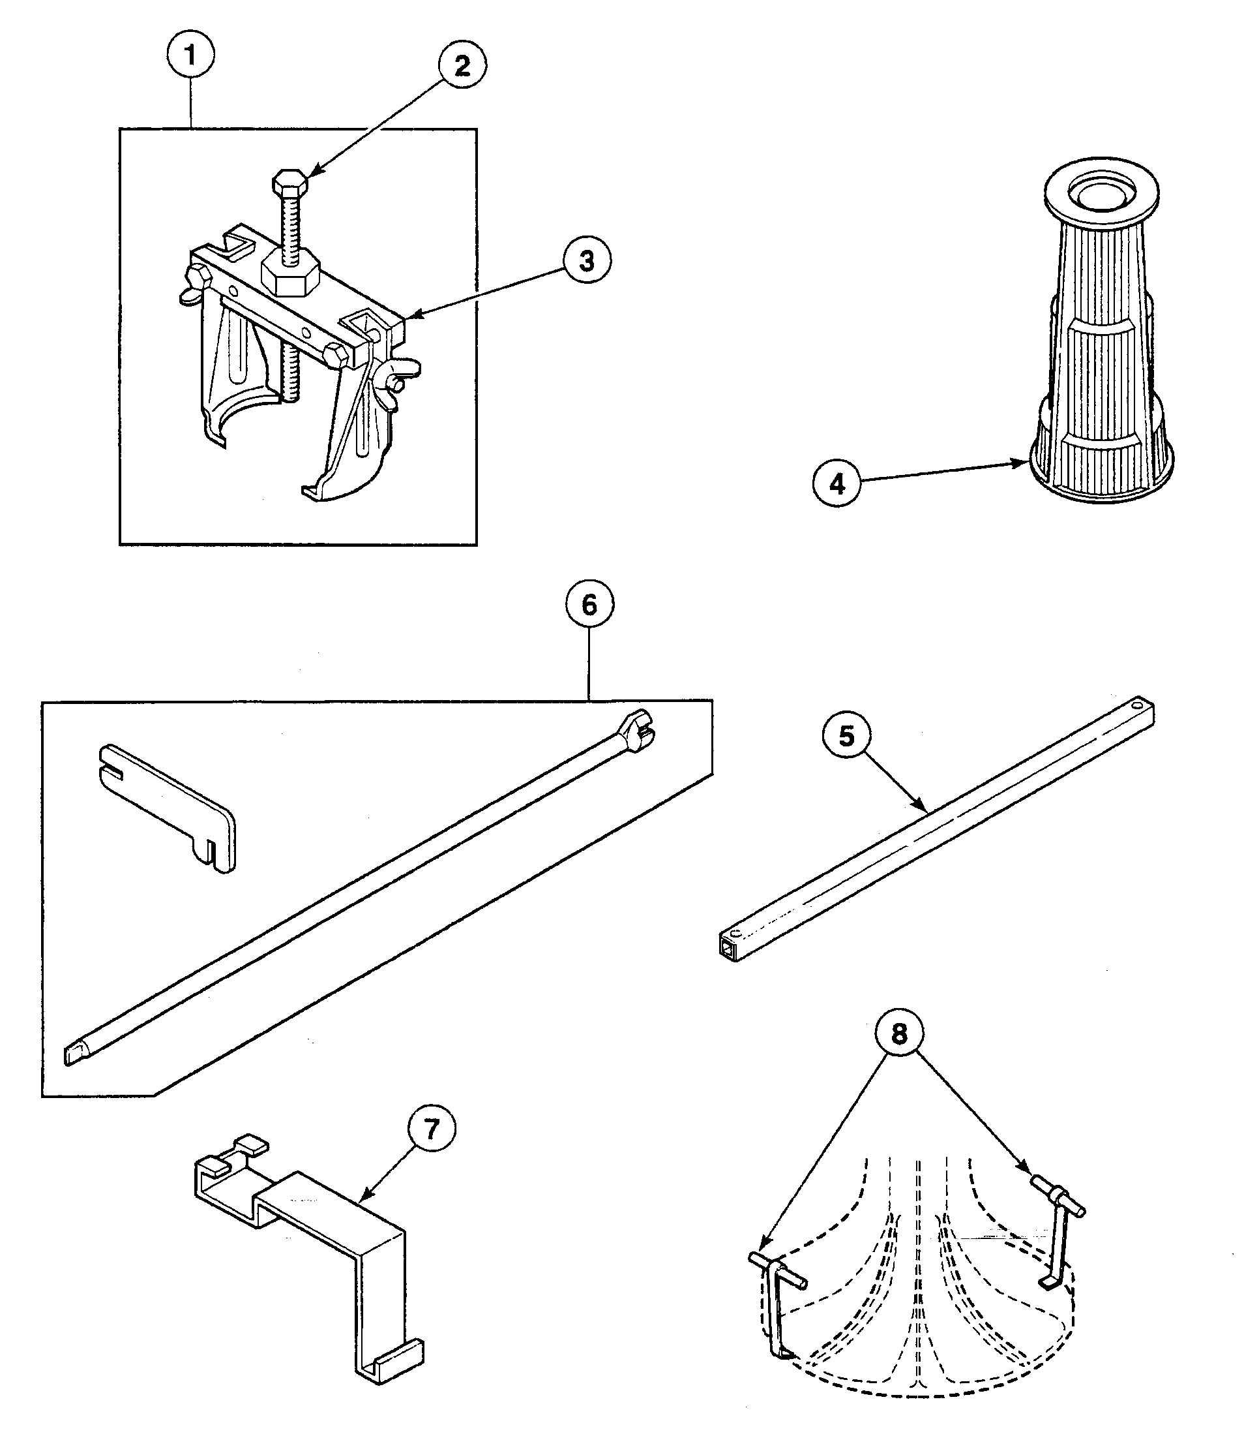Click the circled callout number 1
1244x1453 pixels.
tap(190, 55)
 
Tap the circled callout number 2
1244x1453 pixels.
tap(462, 66)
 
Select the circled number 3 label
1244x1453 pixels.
tap(587, 261)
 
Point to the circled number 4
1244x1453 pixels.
tap(837, 484)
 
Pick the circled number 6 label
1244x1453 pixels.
tap(589, 604)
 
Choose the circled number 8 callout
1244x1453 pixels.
tap(899, 1033)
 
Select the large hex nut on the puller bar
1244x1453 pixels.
tap(291, 274)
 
